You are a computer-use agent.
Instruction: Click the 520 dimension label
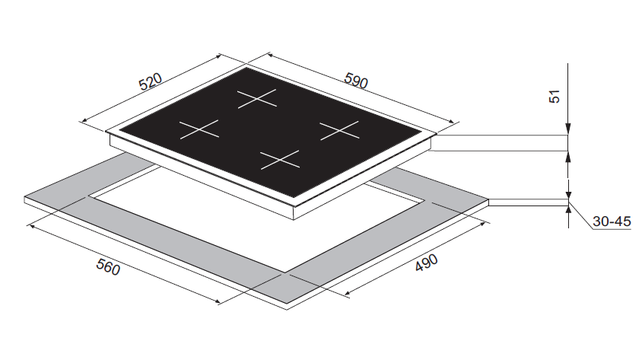151,81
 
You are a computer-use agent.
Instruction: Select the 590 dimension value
356,80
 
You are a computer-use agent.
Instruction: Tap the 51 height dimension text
554,97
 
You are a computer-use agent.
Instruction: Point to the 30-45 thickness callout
612,221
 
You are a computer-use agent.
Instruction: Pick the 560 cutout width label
108,267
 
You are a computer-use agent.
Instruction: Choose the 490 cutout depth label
426,263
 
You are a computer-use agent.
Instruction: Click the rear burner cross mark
257,99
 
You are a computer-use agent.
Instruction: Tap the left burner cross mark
199,129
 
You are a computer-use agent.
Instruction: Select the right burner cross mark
339,130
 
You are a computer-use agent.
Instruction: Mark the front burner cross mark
280,159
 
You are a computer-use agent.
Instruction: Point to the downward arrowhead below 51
568,129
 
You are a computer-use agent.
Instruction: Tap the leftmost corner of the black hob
119,131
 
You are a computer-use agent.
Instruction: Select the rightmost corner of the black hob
422,132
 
